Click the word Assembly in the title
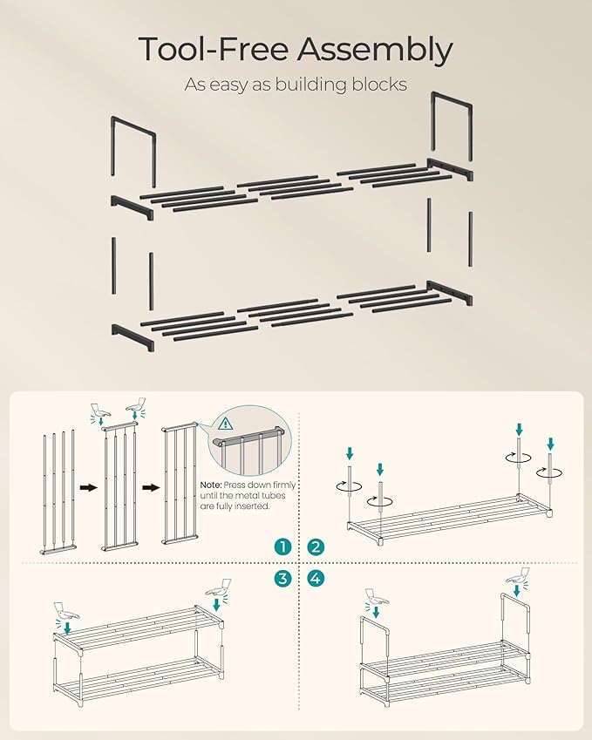pyautogui.click(x=374, y=50)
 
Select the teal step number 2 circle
pyautogui.click(x=315, y=547)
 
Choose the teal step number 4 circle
pyautogui.click(x=315, y=579)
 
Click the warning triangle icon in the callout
pyautogui.click(x=226, y=425)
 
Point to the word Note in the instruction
pyautogui.click(x=212, y=485)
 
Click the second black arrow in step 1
pyautogui.click(x=150, y=488)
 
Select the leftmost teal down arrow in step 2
pyautogui.click(x=350, y=452)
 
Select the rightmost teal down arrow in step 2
pyautogui.click(x=550, y=444)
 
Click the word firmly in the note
pyautogui.click(x=282, y=485)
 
